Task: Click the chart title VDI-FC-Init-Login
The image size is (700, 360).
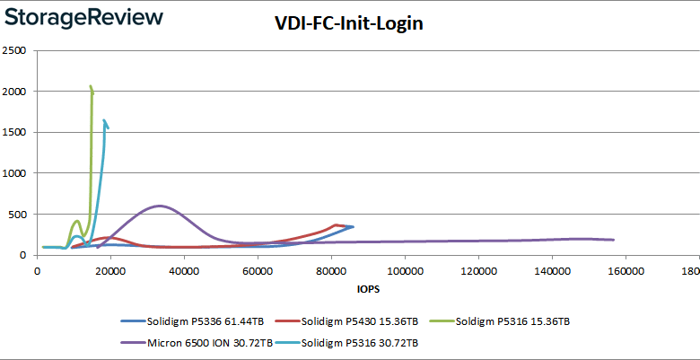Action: tap(349, 24)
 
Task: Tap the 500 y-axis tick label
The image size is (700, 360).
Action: tap(21, 215)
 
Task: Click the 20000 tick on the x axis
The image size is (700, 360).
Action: tap(110, 269)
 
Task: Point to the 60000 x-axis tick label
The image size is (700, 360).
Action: tap(258, 269)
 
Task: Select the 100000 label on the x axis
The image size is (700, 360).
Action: tap(405, 269)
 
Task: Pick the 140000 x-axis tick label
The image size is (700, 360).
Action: tap(552, 269)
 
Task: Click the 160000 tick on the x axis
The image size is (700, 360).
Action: tap(626, 269)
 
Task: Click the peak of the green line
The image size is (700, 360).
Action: tap(91, 87)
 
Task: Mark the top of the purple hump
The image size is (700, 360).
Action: tap(160, 206)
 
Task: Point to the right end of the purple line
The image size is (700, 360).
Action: tap(613, 240)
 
